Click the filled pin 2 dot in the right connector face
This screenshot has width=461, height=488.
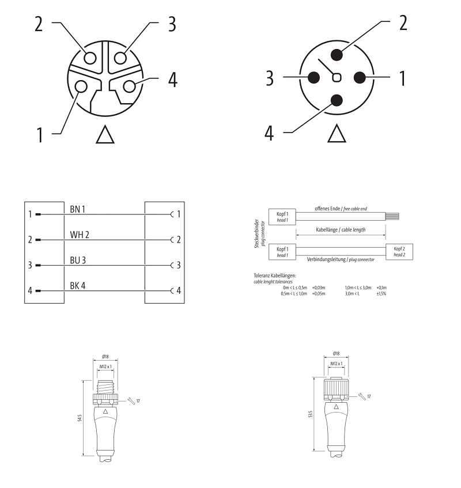[x=337, y=55]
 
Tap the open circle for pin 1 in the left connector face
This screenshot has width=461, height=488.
[x=81, y=86]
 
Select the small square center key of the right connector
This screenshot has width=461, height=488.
[x=337, y=78]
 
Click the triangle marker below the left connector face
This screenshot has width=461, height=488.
[x=105, y=134]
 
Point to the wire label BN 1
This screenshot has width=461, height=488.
[x=78, y=210]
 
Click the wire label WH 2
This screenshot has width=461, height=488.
[x=80, y=234]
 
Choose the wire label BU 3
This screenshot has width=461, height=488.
[x=78, y=260]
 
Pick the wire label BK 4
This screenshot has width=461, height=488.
[x=78, y=285]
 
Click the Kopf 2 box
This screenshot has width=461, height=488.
[x=399, y=252]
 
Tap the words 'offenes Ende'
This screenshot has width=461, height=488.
[x=327, y=209]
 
